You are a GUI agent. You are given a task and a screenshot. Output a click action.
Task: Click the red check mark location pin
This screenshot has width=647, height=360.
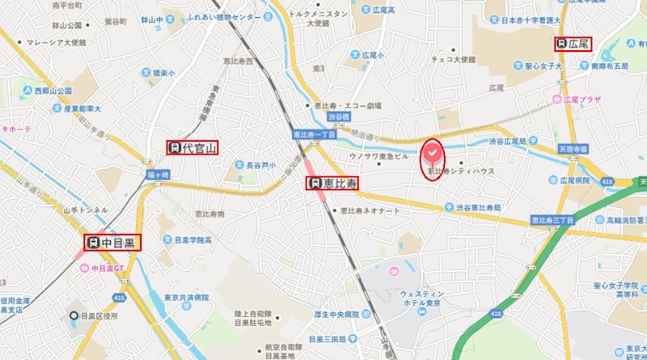[433, 154]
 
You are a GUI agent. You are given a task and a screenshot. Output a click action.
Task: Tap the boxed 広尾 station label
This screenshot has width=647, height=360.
[573, 43]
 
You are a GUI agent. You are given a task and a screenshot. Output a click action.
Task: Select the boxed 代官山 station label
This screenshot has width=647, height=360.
[192, 147]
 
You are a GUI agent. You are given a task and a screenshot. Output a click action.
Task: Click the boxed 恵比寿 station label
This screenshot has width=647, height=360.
[332, 184]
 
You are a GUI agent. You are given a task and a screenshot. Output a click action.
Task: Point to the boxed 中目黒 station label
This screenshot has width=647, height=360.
[113, 241]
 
